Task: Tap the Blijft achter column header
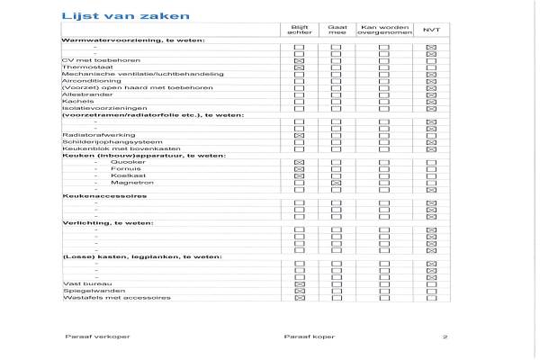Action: [300, 30]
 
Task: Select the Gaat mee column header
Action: [336, 30]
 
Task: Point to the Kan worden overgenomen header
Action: [383, 30]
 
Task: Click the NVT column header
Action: [431, 30]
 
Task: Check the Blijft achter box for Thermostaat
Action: [300, 67]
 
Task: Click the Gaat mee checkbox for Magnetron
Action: [336, 183]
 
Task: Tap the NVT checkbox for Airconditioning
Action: [431, 81]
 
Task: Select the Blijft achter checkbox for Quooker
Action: [300, 162]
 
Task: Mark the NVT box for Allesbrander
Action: [431, 94]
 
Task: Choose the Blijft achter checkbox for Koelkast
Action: [300, 175]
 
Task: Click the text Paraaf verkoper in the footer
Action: [88, 337]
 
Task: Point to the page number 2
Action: [445, 337]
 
